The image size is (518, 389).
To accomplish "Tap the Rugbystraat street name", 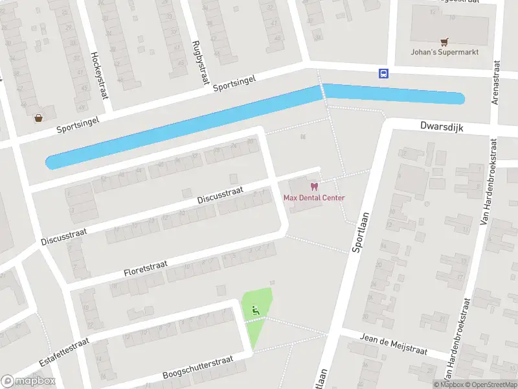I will tap(199, 62).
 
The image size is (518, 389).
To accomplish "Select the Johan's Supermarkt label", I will tap(444, 52).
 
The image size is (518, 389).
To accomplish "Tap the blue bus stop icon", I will tap(383, 73).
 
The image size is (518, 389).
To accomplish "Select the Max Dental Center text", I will tap(314, 198).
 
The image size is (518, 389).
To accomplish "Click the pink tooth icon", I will tap(315, 187).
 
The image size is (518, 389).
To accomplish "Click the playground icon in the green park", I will tap(256, 311).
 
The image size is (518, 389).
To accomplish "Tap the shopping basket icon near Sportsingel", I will tap(39, 118).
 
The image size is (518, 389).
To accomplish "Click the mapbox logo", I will tap(28, 381).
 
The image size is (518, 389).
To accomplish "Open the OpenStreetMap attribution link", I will tap(488, 385).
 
